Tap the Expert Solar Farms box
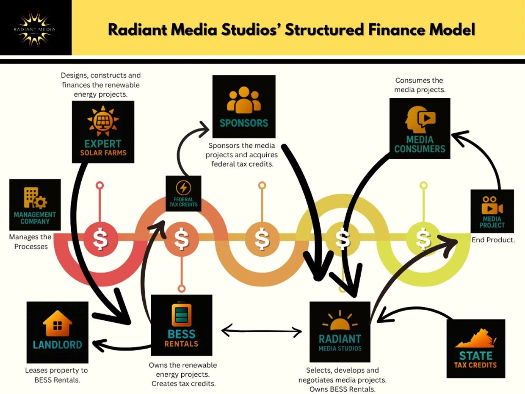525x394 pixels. [103, 132]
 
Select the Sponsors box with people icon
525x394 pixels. [244, 106]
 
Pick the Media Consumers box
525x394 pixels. [420, 129]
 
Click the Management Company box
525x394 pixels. [35, 205]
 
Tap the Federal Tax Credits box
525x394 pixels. [183, 194]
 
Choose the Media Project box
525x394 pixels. [492, 211]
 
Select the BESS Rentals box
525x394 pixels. [181, 325]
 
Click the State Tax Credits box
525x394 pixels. [475, 349]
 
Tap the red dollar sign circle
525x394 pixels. [100, 239]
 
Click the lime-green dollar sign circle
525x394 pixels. [423, 239]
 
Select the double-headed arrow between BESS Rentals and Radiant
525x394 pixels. [262, 331]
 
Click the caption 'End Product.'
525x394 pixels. [493, 240]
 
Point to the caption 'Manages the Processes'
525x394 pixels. [30, 241]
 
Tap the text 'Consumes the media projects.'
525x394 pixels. [419, 85]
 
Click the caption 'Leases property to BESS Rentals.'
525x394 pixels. [57, 375]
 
